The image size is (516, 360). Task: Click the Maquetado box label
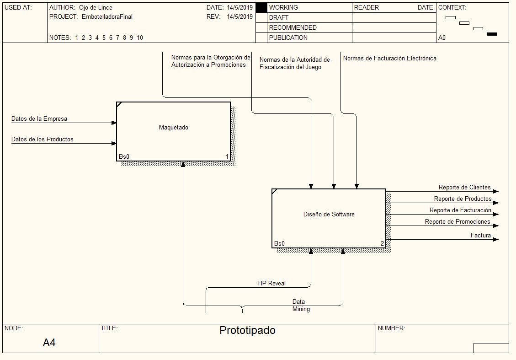pos(173,128)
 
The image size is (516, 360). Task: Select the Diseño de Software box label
pos(329,215)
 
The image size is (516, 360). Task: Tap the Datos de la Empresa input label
pos(39,119)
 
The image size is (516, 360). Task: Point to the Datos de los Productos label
pos(42,140)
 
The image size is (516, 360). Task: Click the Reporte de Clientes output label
pos(464,188)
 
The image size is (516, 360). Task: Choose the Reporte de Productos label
pos(463,199)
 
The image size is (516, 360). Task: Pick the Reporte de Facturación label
pos(460,210)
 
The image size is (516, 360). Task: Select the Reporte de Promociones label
pos(457,222)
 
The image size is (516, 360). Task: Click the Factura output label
pos(480,236)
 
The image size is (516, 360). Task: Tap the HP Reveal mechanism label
pos(271,284)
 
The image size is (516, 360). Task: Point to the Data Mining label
pos(301,306)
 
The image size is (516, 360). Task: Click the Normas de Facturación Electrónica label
pos(389,59)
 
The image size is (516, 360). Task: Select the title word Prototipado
pos(247,330)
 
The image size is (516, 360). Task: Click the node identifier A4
pos(49,343)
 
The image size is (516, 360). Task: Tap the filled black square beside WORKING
pos(261,8)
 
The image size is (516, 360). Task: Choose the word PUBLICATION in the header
pos(288,38)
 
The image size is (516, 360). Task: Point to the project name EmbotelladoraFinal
pos(107,17)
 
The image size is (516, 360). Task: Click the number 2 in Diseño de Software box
pos(383,243)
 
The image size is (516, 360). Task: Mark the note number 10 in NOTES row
pos(140,38)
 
